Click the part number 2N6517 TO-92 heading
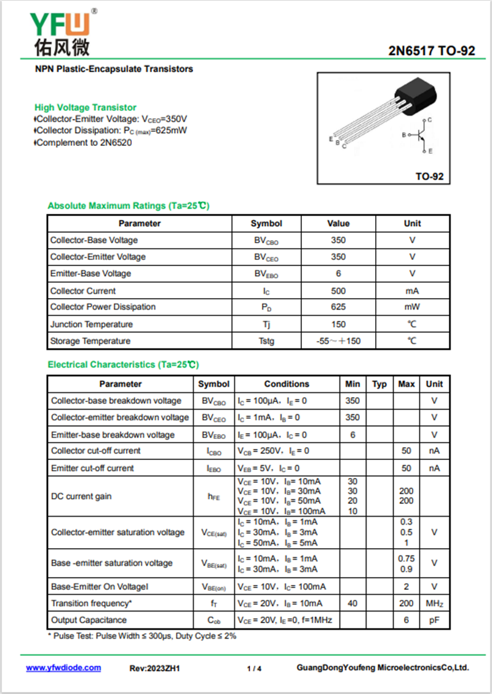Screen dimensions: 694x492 pos(431,50)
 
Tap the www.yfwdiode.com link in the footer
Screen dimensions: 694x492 pos(63,668)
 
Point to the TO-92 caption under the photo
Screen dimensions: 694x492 pos(429,177)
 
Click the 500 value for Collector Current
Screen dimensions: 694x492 pos(338,291)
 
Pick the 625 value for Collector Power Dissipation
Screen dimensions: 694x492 pos(338,307)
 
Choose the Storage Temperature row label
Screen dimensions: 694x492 pos(90,341)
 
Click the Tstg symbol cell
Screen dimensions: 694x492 pos(266,341)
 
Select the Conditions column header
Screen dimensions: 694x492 pos(287,384)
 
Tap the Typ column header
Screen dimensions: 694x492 pos(379,384)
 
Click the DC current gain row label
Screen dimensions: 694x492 pos(81,496)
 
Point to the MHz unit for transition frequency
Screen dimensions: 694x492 pos(434,604)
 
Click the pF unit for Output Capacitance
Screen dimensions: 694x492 pos(434,620)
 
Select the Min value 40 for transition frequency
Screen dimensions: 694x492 pos(352,604)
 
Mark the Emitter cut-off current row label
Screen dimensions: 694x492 pos(92,468)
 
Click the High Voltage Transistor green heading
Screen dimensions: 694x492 pos(85,107)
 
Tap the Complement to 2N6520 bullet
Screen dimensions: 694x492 pos(84,142)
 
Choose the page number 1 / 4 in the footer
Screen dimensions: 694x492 pos(254,668)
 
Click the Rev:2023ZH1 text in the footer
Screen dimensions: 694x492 pos(154,668)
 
